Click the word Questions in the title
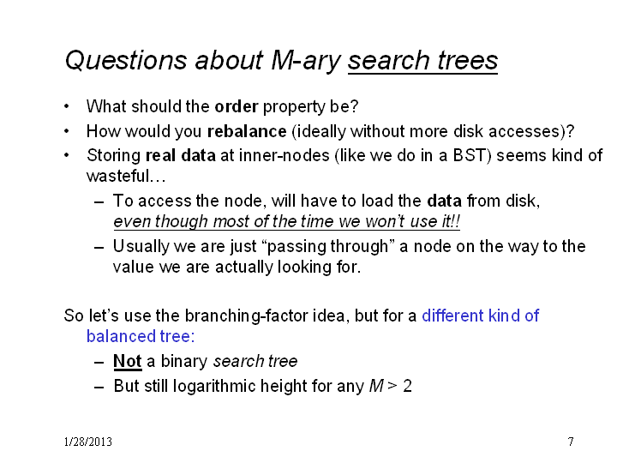click(x=126, y=61)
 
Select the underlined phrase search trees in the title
click(x=422, y=61)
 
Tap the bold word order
click(x=237, y=106)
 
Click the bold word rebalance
click(x=247, y=131)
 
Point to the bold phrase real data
click(x=181, y=155)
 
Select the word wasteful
click(x=118, y=176)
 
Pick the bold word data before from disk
click(x=444, y=201)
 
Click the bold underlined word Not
click(x=128, y=361)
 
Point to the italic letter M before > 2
click(x=376, y=386)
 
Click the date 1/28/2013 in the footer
click(x=88, y=442)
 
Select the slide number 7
click(x=571, y=442)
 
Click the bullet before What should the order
click(x=67, y=106)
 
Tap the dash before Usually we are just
click(x=99, y=248)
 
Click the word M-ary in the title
click(x=306, y=62)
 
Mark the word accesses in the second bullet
click(x=524, y=131)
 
